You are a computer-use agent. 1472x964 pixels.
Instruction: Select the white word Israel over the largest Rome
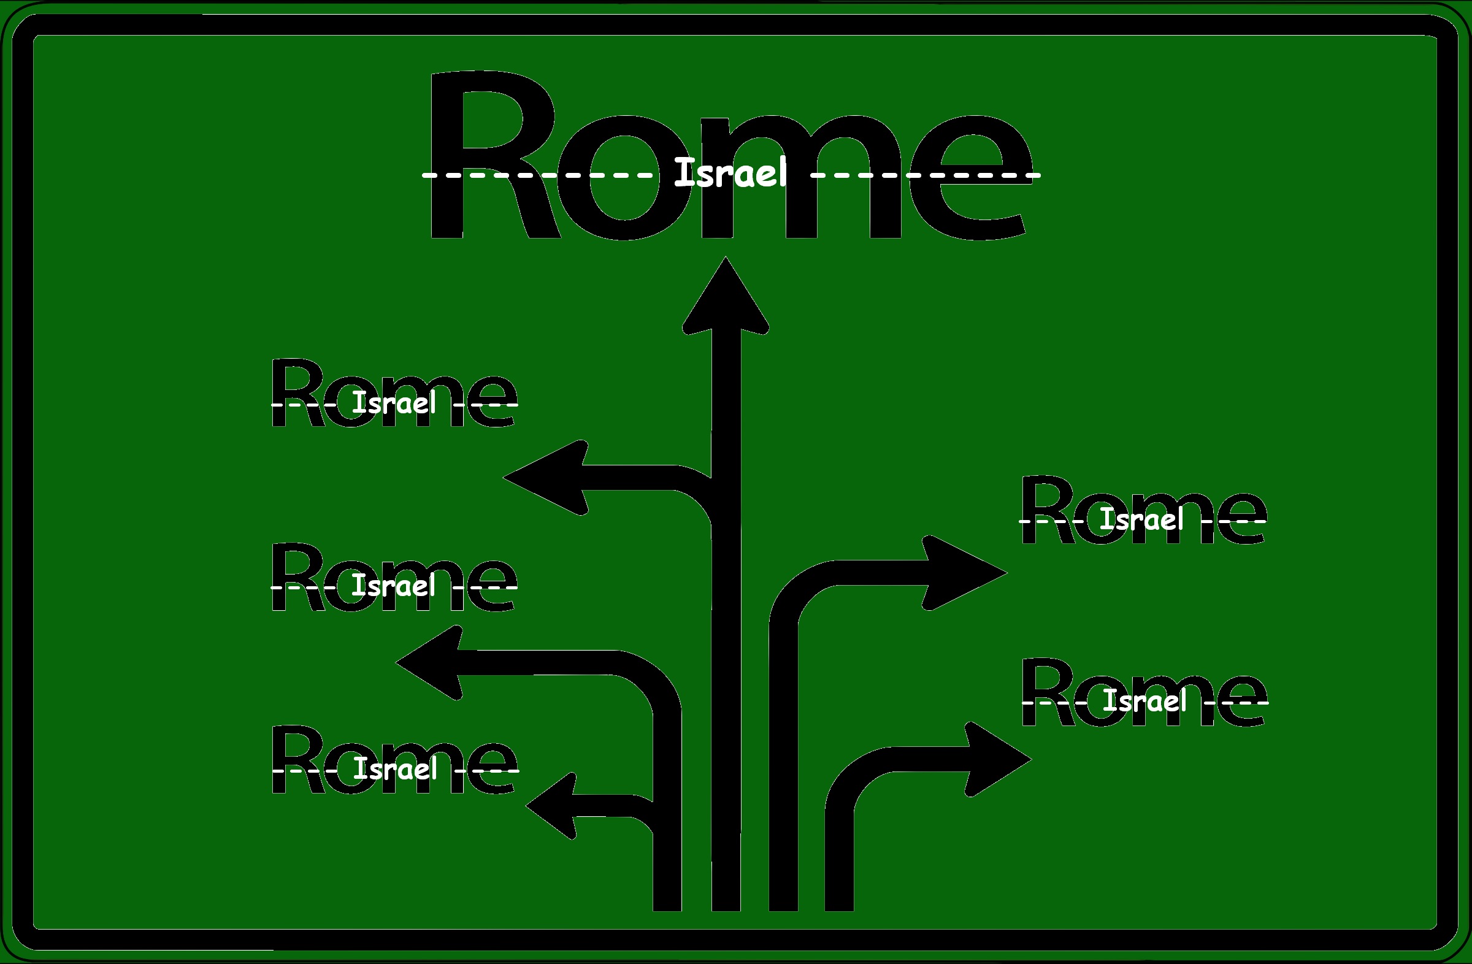coord(730,172)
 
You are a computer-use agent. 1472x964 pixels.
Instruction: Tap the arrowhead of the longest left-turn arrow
coord(433,662)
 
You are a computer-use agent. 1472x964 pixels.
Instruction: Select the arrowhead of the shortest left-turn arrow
coord(554,806)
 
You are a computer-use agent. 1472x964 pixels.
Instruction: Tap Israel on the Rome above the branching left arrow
coord(394,403)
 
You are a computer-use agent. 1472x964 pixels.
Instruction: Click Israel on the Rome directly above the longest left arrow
coord(393,586)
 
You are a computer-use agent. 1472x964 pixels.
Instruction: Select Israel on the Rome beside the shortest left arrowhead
coord(394,768)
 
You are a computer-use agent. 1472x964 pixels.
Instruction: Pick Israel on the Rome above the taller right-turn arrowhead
coord(1142,519)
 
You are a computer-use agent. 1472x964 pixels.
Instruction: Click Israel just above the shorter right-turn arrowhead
coord(1145,701)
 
